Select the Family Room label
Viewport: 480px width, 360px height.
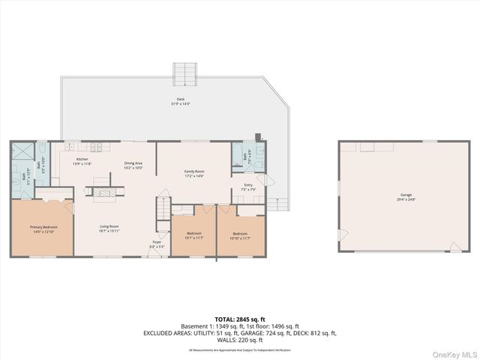point(195,173)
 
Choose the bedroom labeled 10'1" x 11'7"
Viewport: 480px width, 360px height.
point(194,235)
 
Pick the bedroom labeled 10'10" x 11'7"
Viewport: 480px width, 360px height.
point(240,235)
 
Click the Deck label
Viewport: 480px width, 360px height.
point(180,101)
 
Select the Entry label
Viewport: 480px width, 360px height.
point(248,187)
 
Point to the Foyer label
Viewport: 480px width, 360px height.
point(156,244)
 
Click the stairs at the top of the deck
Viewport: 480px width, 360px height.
point(184,73)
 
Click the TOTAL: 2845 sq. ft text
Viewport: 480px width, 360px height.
point(240,319)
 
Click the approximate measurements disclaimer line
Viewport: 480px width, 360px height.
point(240,350)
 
